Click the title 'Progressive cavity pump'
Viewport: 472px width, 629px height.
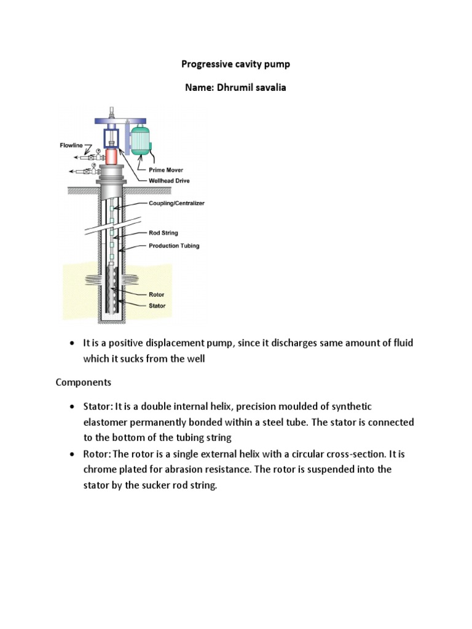click(236, 64)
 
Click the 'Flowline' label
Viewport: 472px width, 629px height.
click(72, 146)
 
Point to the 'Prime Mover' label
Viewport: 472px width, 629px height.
click(166, 169)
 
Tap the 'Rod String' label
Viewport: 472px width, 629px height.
click(164, 233)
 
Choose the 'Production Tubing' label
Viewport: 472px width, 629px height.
click(175, 245)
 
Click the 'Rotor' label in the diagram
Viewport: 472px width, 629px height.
click(157, 294)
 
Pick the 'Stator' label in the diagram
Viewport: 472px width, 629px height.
click(157, 305)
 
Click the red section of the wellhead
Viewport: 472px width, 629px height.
click(111, 157)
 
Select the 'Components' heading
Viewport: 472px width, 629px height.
click(84, 382)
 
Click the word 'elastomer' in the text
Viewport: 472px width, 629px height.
click(106, 423)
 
